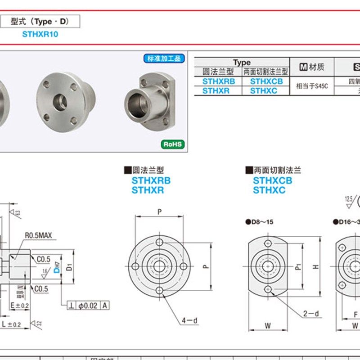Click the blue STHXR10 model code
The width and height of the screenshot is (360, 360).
pos(40,34)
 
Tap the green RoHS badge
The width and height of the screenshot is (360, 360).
pos(173,144)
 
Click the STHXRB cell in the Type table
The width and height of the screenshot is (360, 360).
pos(218,81)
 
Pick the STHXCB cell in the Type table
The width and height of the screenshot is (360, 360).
pos(266,81)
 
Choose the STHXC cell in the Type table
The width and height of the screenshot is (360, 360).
pos(266,90)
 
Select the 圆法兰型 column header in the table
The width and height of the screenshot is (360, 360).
pos(218,72)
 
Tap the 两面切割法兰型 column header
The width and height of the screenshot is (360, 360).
pos(266,72)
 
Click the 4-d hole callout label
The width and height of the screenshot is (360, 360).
pos(189,320)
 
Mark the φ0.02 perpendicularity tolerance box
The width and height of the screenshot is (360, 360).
pos(88,306)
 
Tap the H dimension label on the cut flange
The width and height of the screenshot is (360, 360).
pos(316,266)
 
